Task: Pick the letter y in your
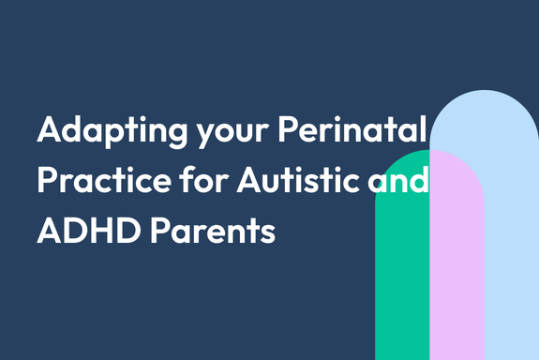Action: click(184, 135)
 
